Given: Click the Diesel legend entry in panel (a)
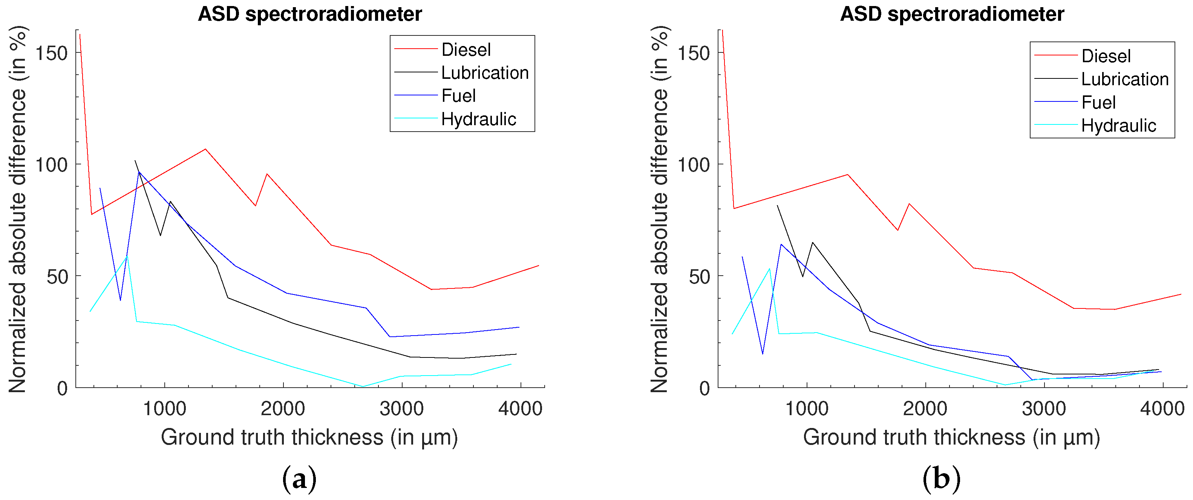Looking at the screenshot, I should [466, 49].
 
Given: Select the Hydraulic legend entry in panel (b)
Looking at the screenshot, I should [1118, 126].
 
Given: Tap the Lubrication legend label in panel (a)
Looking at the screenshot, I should [484, 73].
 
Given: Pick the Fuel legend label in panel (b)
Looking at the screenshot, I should [1098, 103].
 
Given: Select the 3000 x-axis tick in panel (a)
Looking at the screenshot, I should [401, 409].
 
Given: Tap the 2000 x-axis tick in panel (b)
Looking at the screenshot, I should [925, 409].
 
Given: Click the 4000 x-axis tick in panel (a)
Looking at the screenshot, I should [520, 409].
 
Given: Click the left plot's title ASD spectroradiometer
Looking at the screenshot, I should [310, 14].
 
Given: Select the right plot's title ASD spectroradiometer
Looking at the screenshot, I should [952, 14].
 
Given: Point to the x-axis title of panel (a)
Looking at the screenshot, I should [309, 437].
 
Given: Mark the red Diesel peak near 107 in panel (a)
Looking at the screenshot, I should [205, 149].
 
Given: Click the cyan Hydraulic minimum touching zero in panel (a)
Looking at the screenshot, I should [363, 386].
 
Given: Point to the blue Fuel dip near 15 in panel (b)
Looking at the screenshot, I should [762, 354].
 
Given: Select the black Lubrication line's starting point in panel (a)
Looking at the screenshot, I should [135, 161].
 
